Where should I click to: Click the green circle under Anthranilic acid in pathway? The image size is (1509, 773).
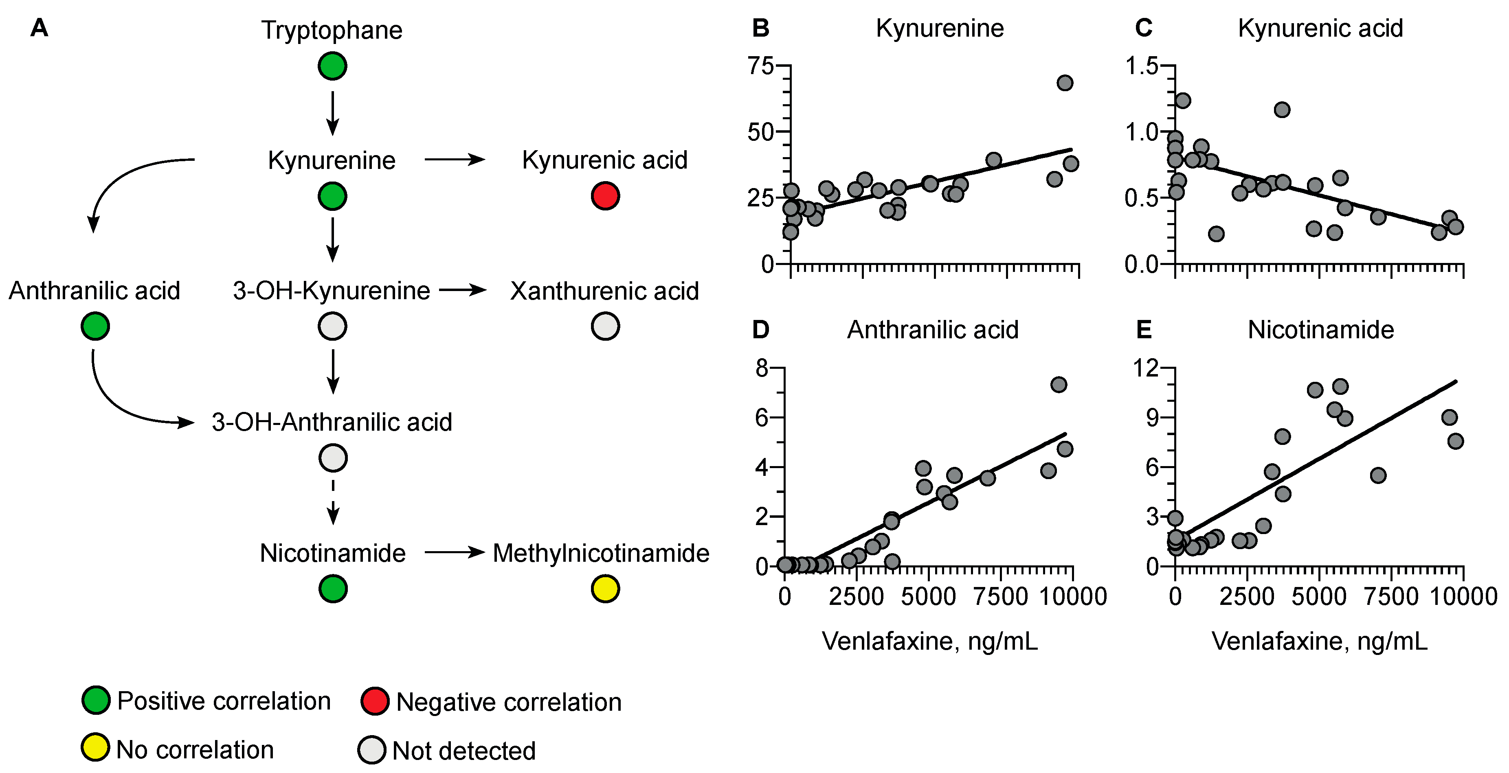point(95,326)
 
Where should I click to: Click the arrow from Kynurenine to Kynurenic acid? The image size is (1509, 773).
point(455,159)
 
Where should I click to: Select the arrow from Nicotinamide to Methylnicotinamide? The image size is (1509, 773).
point(455,552)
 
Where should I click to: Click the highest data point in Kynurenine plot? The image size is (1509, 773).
point(1064,83)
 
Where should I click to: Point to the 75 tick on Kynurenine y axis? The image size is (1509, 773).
point(761,66)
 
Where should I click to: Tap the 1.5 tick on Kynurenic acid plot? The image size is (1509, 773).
point(1142,66)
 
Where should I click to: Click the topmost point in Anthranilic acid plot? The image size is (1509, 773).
point(1058,385)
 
